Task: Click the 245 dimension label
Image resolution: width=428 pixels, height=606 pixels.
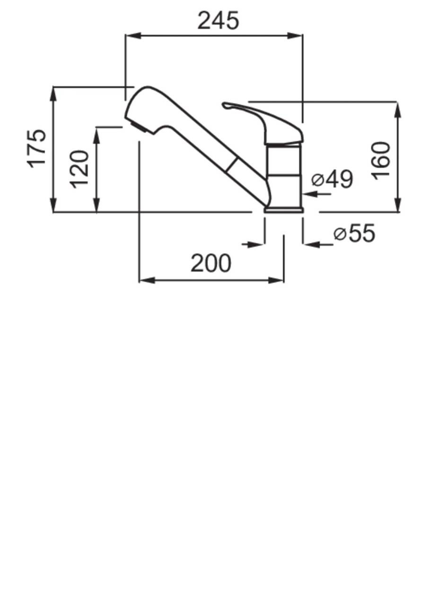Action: [218, 21]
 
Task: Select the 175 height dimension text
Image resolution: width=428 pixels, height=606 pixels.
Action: [36, 149]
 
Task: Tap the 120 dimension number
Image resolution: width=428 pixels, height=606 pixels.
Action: [79, 169]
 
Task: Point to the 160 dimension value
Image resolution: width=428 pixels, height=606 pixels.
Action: [381, 160]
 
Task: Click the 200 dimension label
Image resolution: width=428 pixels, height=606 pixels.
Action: [211, 263]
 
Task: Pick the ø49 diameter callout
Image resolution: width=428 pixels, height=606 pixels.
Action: [332, 179]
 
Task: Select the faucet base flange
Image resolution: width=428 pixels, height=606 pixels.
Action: [284, 210]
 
